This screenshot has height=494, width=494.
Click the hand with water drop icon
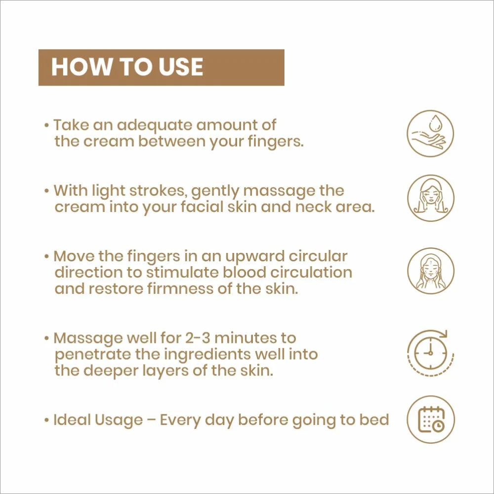(430, 133)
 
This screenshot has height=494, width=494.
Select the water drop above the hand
(436, 122)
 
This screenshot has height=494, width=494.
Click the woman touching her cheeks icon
(431, 198)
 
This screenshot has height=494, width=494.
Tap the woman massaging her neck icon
(431, 271)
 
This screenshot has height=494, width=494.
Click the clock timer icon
(430, 353)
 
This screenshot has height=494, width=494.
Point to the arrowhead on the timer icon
(444, 333)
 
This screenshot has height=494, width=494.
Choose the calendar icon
(431, 419)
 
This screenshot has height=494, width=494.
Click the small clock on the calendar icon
(438, 426)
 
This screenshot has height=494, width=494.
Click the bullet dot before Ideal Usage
(46, 420)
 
